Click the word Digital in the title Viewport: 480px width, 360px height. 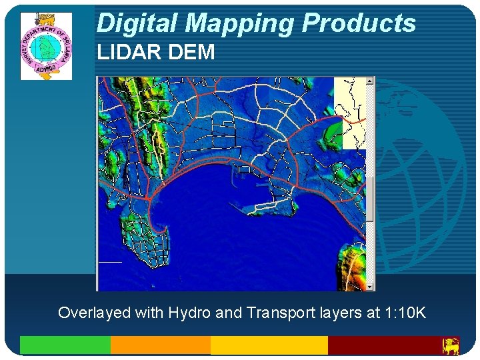tap(138, 23)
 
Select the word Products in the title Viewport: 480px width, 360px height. tap(359, 23)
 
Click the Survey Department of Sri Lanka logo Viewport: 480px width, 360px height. tap(46, 46)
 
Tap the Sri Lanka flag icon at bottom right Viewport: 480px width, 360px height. tap(451, 345)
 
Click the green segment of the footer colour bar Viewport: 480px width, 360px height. tap(65, 345)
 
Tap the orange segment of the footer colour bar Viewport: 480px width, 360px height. tap(160, 345)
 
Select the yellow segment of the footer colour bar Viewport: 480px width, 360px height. tap(269, 345)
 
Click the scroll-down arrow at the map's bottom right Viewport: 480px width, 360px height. tap(371, 286)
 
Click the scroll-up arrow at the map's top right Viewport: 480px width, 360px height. tap(371, 81)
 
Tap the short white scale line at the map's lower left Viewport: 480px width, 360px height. tap(110, 262)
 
